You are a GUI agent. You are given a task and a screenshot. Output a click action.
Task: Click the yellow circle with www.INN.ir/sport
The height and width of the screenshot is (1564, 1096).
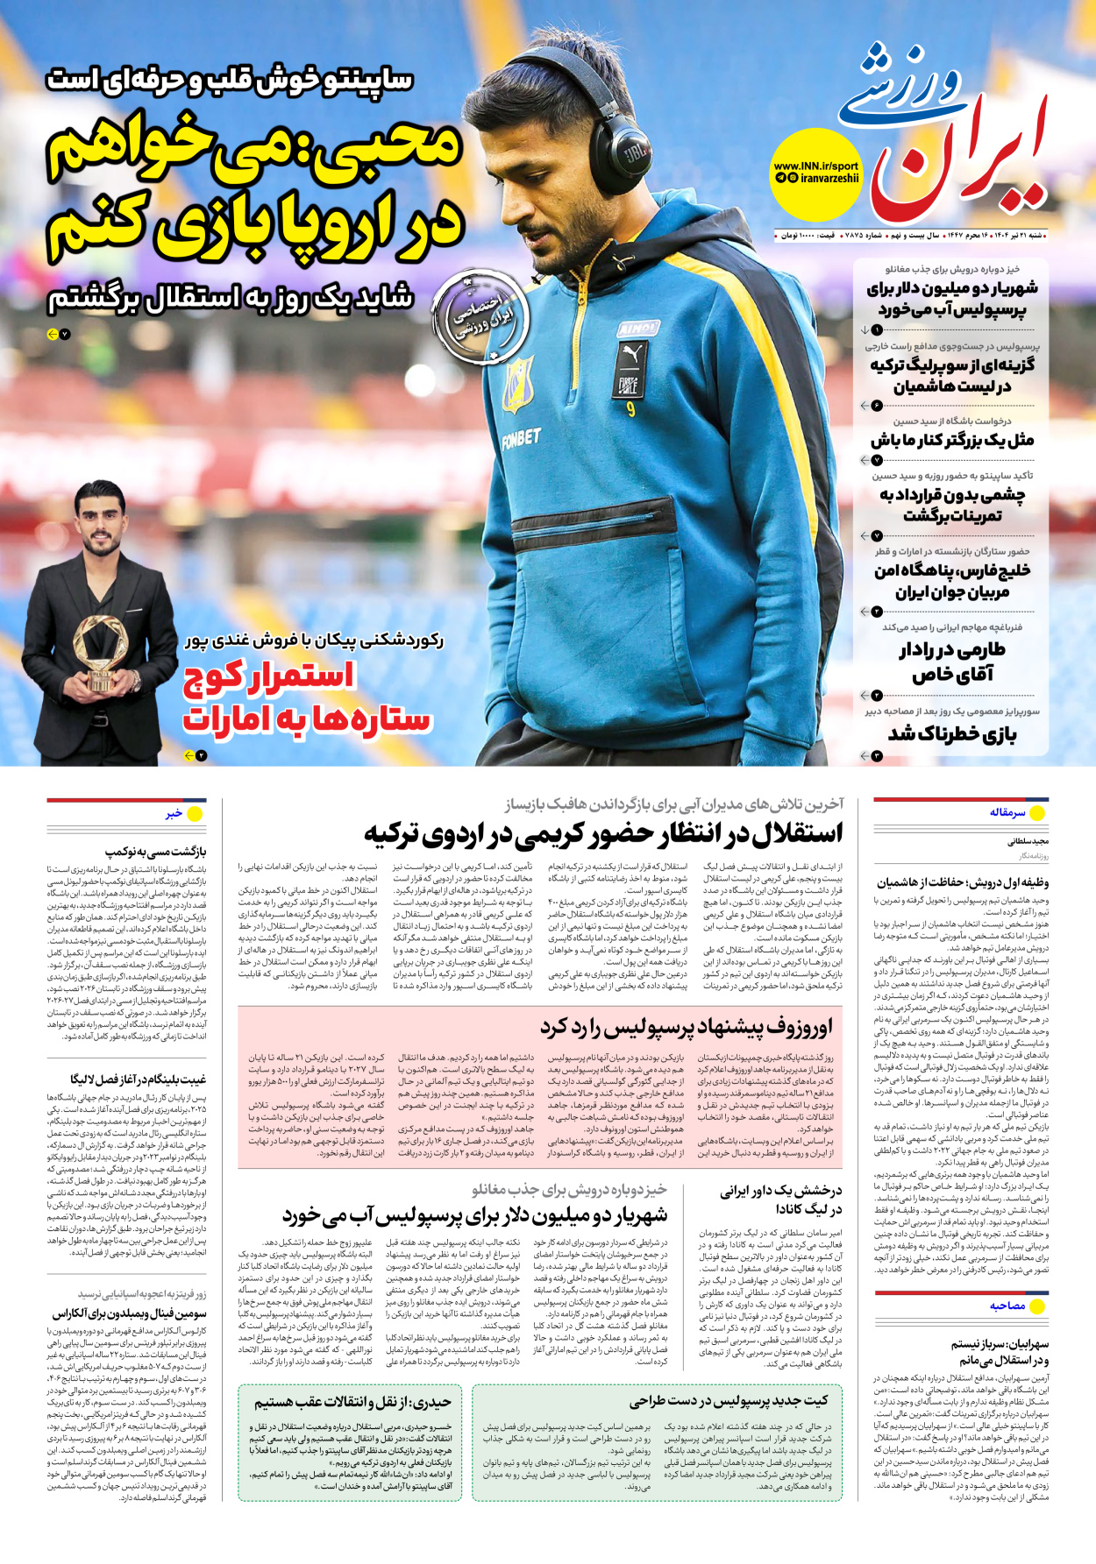pos(815,173)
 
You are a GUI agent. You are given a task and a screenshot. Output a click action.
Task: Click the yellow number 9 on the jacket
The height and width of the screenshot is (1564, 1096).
pos(630,407)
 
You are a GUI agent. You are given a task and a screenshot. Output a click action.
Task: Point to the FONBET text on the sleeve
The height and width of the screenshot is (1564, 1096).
pos(521,437)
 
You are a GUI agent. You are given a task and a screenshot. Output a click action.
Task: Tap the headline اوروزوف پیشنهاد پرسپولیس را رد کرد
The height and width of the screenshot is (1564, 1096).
pos(687,1026)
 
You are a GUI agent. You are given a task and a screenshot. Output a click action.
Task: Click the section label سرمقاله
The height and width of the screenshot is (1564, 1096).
pos(1007,812)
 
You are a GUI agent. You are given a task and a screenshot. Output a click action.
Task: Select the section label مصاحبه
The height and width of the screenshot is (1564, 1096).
pos(1007,1306)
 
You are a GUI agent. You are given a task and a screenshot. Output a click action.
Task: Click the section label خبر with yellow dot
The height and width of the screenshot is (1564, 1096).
pos(174,813)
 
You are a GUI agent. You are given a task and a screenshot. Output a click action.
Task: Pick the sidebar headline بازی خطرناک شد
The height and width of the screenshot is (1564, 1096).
pos(952,733)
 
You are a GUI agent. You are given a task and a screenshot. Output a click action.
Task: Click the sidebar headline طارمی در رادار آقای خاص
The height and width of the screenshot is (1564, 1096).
pos(951,662)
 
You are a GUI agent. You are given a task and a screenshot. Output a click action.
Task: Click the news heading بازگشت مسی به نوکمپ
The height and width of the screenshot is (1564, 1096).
pos(156,851)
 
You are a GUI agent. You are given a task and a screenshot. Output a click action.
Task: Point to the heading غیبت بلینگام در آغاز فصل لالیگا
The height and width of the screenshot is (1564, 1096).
pos(139,1079)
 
